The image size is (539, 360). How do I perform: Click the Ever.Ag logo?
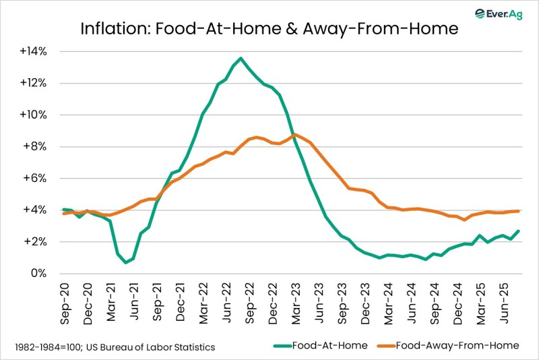coord(498,13)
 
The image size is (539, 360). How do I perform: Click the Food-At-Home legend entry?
coord(321,346)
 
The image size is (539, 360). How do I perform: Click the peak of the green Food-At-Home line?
coord(241,58)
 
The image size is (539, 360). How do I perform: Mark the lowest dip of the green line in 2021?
coord(126,262)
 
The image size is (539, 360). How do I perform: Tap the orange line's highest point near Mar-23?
coord(294,135)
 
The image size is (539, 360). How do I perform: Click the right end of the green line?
coord(518,231)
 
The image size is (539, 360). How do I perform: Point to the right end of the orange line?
coord(518,211)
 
